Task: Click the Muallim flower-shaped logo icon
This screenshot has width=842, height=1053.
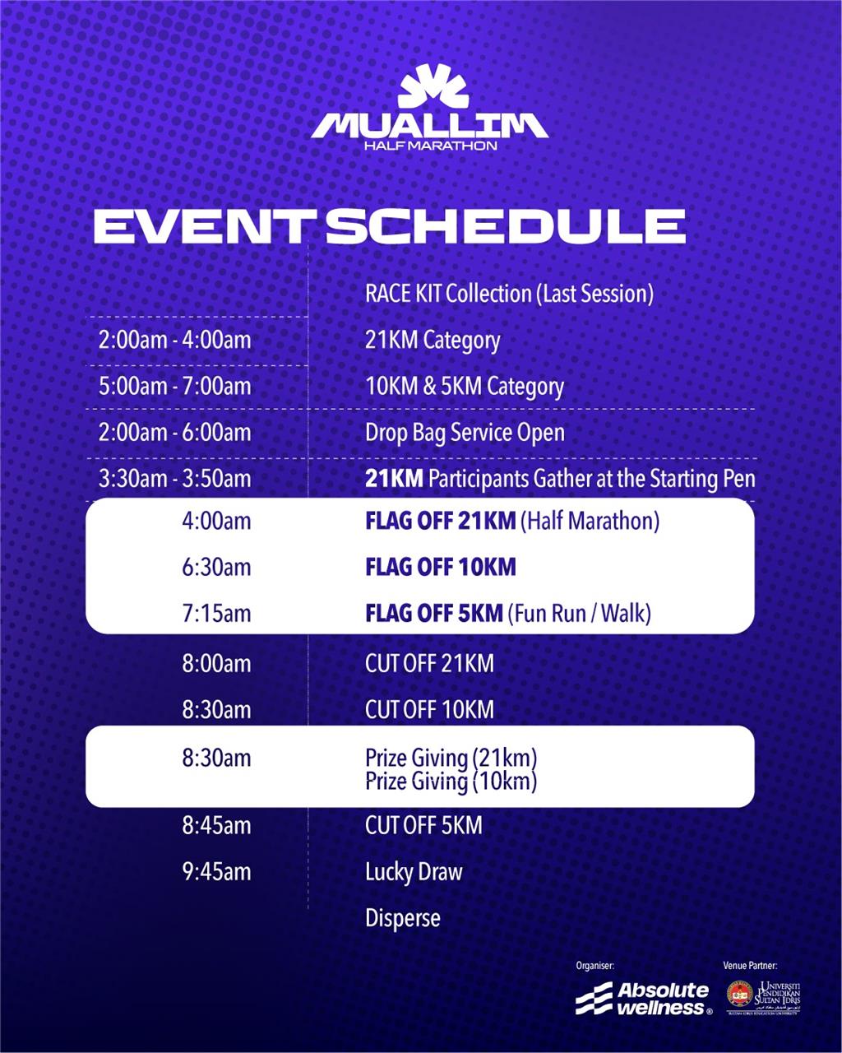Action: pyautogui.click(x=433, y=86)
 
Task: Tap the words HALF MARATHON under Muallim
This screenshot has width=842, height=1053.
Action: pyautogui.click(x=431, y=146)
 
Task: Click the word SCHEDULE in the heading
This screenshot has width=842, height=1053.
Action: pyautogui.click(x=506, y=226)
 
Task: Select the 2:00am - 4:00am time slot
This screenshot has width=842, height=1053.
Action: pyautogui.click(x=174, y=340)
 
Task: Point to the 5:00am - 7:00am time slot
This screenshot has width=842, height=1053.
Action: pyautogui.click(x=174, y=386)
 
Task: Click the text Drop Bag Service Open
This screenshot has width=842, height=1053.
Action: pyautogui.click(x=465, y=433)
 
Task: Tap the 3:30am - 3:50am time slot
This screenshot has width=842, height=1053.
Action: pyautogui.click(x=174, y=478)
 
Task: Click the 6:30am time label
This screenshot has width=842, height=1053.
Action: pyautogui.click(x=216, y=567)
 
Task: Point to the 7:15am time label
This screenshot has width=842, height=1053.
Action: pyautogui.click(x=216, y=613)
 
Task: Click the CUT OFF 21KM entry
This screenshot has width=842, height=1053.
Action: pyautogui.click(x=429, y=664)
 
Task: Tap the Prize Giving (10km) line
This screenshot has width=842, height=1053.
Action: pyautogui.click(x=451, y=781)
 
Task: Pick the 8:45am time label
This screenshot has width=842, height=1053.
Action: pyautogui.click(x=216, y=825)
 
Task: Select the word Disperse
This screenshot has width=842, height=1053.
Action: pyautogui.click(x=402, y=918)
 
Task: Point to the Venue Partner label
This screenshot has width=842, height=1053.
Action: pyautogui.click(x=750, y=966)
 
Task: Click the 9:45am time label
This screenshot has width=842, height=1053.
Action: pyautogui.click(x=216, y=871)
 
